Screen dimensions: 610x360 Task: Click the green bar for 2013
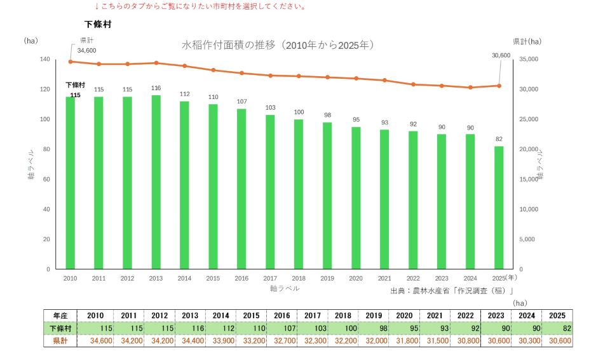(156, 182)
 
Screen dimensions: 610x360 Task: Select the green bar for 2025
(499, 208)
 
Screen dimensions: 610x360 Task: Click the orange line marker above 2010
(71, 62)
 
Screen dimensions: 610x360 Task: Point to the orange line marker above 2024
(470, 88)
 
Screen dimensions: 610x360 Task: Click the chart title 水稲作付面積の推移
(228, 45)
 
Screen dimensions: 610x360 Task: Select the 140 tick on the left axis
(44, 59)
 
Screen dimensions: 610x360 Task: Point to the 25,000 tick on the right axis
(529, 119)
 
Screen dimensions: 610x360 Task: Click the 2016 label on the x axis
(241, 278)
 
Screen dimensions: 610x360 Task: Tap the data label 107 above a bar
(241, 102)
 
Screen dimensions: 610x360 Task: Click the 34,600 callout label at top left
(86, 51)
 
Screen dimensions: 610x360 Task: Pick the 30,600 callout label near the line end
(501, 56)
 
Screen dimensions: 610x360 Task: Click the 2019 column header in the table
(374, 316)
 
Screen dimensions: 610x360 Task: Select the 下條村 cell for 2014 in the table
(221, 328)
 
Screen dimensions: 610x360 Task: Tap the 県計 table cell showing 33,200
(252, 341)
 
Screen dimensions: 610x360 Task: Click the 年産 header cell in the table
(60, 316)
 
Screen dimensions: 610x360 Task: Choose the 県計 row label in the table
(60, 341)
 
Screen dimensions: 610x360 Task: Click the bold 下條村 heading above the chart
(98, 24)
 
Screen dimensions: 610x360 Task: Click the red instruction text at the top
(201, 6)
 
